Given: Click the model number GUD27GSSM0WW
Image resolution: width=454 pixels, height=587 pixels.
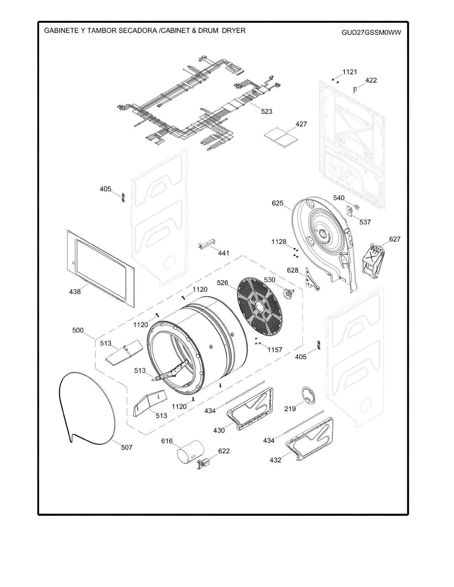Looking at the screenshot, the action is tap(371, 33).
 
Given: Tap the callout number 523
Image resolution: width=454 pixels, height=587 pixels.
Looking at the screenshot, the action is tap(267, 111).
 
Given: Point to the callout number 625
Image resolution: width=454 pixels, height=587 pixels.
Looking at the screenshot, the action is tap(278, 203).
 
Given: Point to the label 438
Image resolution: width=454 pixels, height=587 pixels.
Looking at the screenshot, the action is tap(75, 292).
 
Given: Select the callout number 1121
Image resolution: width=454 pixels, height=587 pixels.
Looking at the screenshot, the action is tap(350, 72).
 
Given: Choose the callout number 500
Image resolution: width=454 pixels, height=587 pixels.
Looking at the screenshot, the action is tap(78, 330).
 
